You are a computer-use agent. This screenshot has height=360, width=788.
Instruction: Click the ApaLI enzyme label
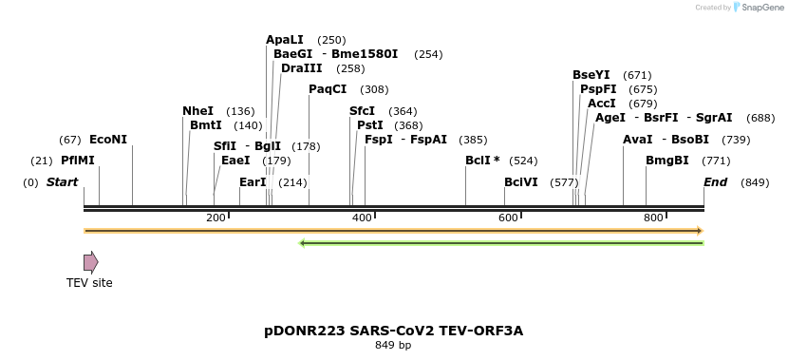point(284,40)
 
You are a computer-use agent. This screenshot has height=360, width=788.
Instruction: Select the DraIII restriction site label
point(301,68)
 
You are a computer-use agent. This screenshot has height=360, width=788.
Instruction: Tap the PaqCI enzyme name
point(328,89)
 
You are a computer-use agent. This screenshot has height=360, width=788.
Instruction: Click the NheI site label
point(197,111)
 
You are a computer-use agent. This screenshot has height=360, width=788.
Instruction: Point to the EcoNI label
point(108,140)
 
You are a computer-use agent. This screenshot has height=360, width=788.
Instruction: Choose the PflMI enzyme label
point(78,161)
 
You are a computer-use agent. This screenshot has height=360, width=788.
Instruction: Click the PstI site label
point(370,124)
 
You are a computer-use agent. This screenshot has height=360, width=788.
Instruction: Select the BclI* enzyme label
point(482,161)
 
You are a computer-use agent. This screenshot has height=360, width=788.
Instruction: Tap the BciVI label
point(521,181)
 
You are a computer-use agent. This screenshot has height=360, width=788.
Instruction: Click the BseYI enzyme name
point(591,75)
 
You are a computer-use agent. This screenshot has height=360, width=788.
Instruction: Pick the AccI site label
point(602,103)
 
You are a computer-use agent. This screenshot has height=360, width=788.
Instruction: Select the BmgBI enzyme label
point(667,161)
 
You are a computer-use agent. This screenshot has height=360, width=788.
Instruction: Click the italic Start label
point(63,181)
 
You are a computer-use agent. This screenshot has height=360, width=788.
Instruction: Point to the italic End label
point(715,181)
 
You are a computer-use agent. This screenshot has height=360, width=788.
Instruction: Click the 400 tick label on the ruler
point(362,218)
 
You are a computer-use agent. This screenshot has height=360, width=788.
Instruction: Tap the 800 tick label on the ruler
point(653,218)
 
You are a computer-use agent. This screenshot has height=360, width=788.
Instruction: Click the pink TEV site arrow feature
point(90,262)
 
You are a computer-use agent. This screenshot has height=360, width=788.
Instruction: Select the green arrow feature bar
point(500,243)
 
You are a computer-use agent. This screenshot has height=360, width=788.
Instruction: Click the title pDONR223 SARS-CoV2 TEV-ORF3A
point(393,331)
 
